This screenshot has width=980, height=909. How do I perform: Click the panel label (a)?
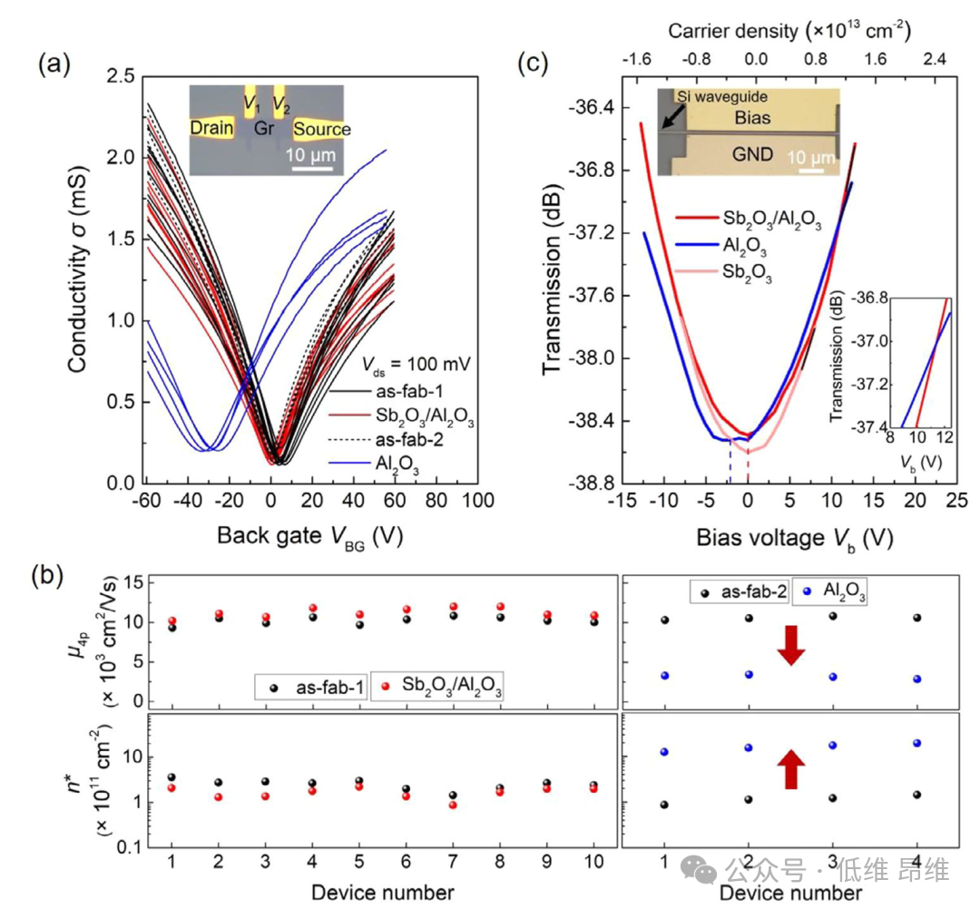53,65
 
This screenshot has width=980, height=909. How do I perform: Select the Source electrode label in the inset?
321,129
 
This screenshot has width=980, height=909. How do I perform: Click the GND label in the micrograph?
753,154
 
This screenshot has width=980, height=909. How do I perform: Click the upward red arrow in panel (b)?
790,769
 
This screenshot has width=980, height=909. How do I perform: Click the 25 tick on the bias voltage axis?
954,501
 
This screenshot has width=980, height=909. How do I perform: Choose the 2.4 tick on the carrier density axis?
936,59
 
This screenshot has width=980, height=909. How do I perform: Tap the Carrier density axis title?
789,31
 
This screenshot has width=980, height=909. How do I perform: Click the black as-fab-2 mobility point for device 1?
665,621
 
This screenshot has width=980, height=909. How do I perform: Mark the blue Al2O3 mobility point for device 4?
917,679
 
